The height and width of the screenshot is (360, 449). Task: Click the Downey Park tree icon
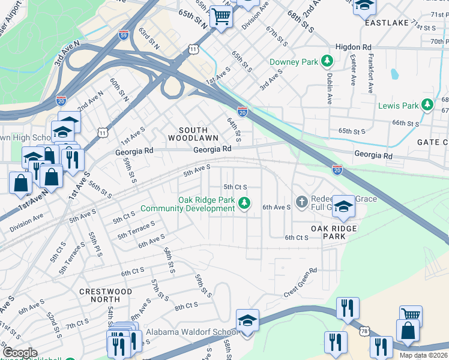click(327, 61)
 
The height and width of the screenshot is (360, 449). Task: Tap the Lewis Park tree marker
click(427, 106)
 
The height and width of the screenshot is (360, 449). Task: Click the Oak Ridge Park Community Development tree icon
click(244, 203)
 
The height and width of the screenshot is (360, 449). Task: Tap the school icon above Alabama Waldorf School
click(247, 320)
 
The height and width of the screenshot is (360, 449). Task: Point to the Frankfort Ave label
click(371, 75)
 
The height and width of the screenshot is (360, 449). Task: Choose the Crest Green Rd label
click(300, 283)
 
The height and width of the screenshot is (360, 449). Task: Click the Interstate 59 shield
click(124, 34)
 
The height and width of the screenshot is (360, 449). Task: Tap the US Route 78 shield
click(364, 331)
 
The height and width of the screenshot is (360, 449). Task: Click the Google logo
click(20, 353)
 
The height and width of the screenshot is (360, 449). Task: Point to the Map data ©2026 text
click(423, 355)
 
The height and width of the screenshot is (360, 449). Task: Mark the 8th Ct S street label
click(186, 306)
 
